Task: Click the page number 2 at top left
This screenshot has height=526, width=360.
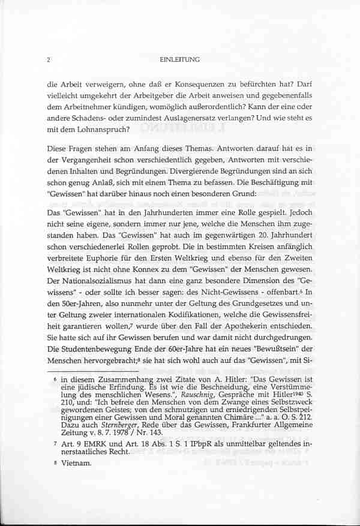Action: [x=48, y=60]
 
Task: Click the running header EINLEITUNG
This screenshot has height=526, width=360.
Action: [x=180, y=60]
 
